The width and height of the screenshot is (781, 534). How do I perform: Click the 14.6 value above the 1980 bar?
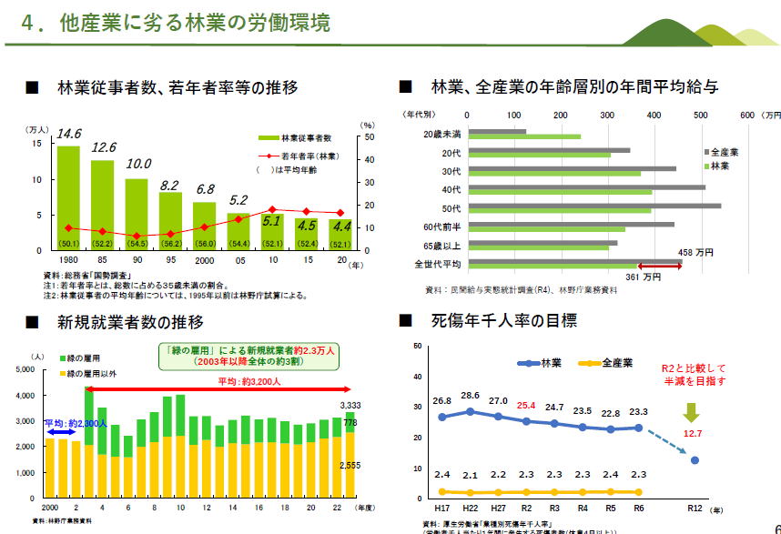coord(69,134)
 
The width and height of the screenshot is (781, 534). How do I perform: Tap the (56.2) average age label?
coord(170,244)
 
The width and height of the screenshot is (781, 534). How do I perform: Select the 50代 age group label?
coord(449,207)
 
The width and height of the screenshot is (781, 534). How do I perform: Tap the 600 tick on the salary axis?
coord(747,116)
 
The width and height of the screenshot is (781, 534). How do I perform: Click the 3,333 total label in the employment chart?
coord(351,404)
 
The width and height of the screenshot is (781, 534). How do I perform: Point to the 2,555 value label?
coord(351,466)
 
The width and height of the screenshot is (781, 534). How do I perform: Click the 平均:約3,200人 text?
coord(248,381)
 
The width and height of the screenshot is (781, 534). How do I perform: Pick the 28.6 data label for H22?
coord(470,396)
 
